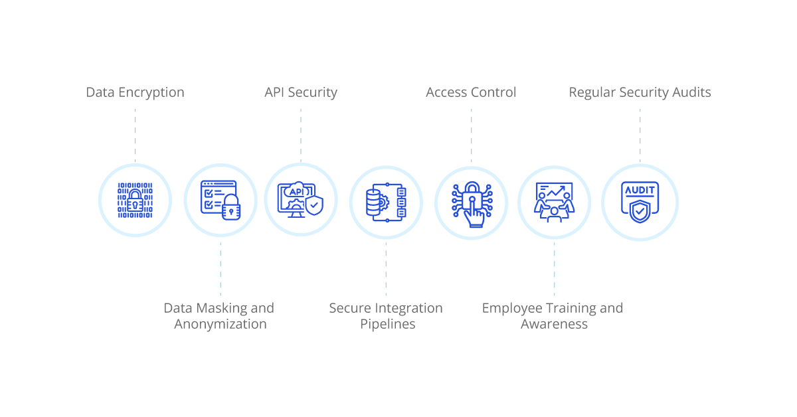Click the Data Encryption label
coord(135,92)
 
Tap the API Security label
coord(301,92)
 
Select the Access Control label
coord(471,92)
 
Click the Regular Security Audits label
coord(640,92)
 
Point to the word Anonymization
coord(221,324)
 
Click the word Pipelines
coord(387,324)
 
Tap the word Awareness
coord(554,324)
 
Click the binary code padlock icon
coord(135,201)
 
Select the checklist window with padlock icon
coord(221,201)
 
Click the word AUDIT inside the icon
coord(640,191)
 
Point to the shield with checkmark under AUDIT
coord(640,211)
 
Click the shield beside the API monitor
coord(314,205)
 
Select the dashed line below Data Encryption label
coord(135,135)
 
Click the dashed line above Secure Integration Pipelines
coord(386,269)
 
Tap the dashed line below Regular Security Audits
coord(640,135)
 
